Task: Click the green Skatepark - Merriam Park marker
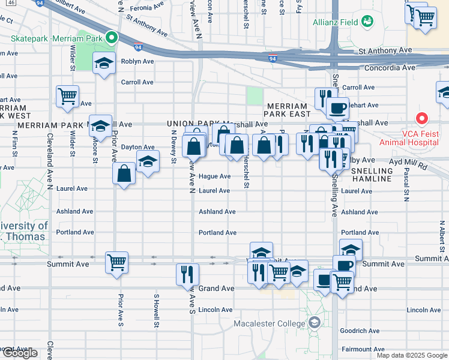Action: pyautogui.click(x=111, y=38)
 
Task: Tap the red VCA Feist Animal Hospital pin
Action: pyautogui.click(x=422, y=119)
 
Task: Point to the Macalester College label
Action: pyautogui.click(x=279, y=324)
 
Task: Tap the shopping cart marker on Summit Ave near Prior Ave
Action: pyautogui.click(x=116, y=262)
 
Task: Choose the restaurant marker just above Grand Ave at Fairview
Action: pyautogui.click(x=187, y=274)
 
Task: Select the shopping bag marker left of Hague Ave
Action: pyautogui.click(x=124, y=174)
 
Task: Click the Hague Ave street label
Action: pyautogui.click(x=215, y=176)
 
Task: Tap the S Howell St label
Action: pyautogui.click(x=156, y=305)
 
